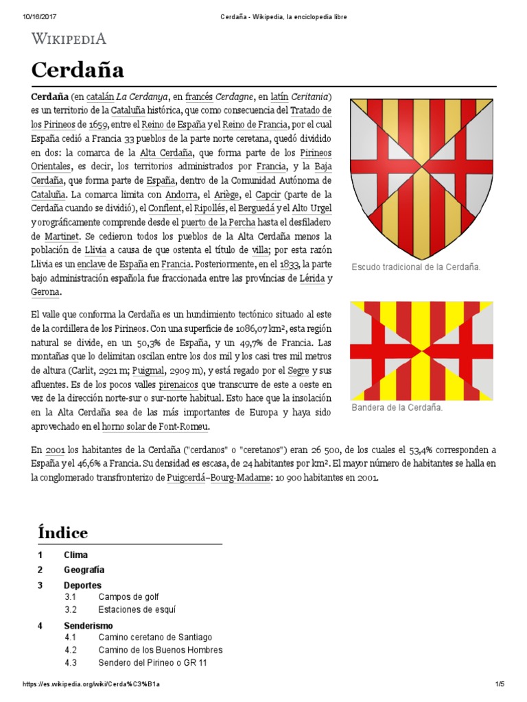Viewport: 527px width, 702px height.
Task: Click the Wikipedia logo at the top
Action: click(69, 38)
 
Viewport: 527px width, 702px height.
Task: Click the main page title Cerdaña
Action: click(78, 70)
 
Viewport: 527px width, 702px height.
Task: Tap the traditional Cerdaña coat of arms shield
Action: click(421, 175)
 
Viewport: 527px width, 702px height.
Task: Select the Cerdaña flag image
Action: click(421, 351)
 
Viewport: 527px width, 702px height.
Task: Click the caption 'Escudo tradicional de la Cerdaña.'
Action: click(415, 267)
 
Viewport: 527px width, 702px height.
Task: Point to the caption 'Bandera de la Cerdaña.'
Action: click(397, 407)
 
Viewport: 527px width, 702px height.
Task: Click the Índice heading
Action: click(62, 532)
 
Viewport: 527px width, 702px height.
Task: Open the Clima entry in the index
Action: click(75, 555)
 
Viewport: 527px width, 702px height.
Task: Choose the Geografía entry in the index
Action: click(84, 570)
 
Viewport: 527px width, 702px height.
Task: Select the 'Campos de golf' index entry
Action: click(128, 597)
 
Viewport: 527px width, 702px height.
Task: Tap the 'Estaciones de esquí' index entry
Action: click(137, 609)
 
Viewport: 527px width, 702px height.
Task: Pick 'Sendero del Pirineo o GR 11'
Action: click(152, 663)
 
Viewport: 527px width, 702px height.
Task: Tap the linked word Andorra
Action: click(181, 193)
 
